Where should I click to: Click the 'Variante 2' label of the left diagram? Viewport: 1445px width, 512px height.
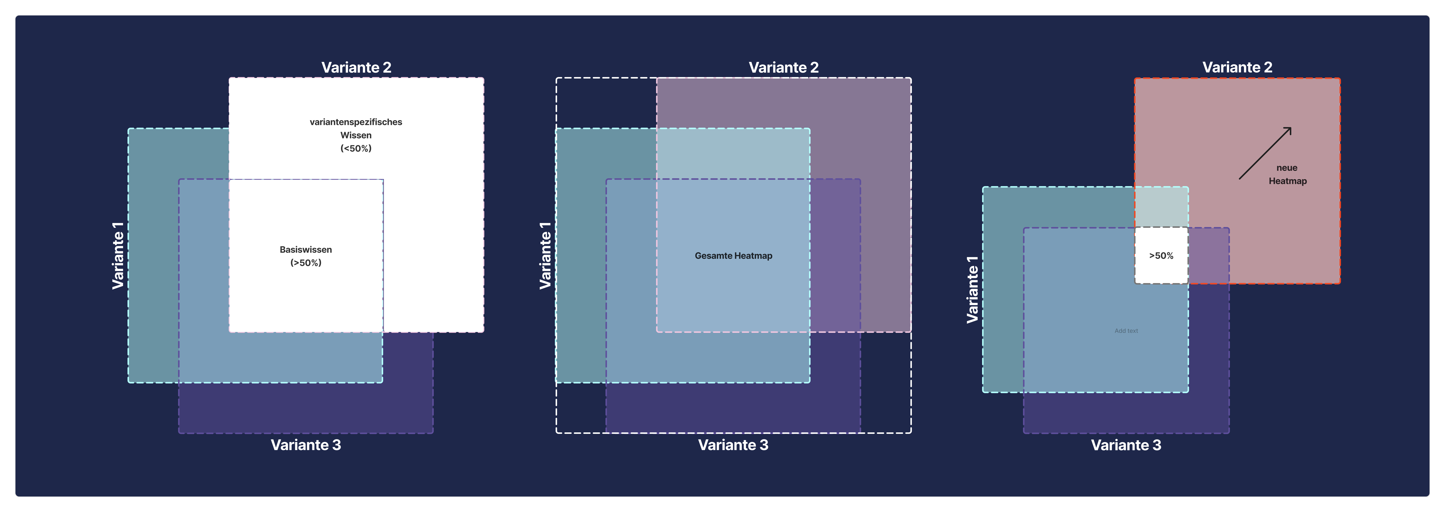[x=356, y=67]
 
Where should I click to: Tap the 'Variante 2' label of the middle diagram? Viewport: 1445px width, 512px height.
[x=784, y=67]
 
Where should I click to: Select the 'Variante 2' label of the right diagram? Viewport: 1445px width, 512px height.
[x=1237, y=67]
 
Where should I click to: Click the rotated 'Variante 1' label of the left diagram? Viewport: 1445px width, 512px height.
[x=118, y=255]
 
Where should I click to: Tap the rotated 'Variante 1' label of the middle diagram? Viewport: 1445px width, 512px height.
[x=545, y=255]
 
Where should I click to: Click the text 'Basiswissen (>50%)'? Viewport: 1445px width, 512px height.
[x=306, y=256]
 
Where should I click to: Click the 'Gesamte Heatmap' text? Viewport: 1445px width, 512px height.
[x=733, y=255]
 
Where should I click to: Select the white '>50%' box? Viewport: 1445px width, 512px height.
[x=1161, y=255]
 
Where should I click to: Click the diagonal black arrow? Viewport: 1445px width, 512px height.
[x=1265, y=153]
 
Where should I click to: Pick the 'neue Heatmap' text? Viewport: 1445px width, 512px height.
[x=1287, y=174]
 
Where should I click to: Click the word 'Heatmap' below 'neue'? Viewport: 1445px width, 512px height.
[x=1287, y=181]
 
